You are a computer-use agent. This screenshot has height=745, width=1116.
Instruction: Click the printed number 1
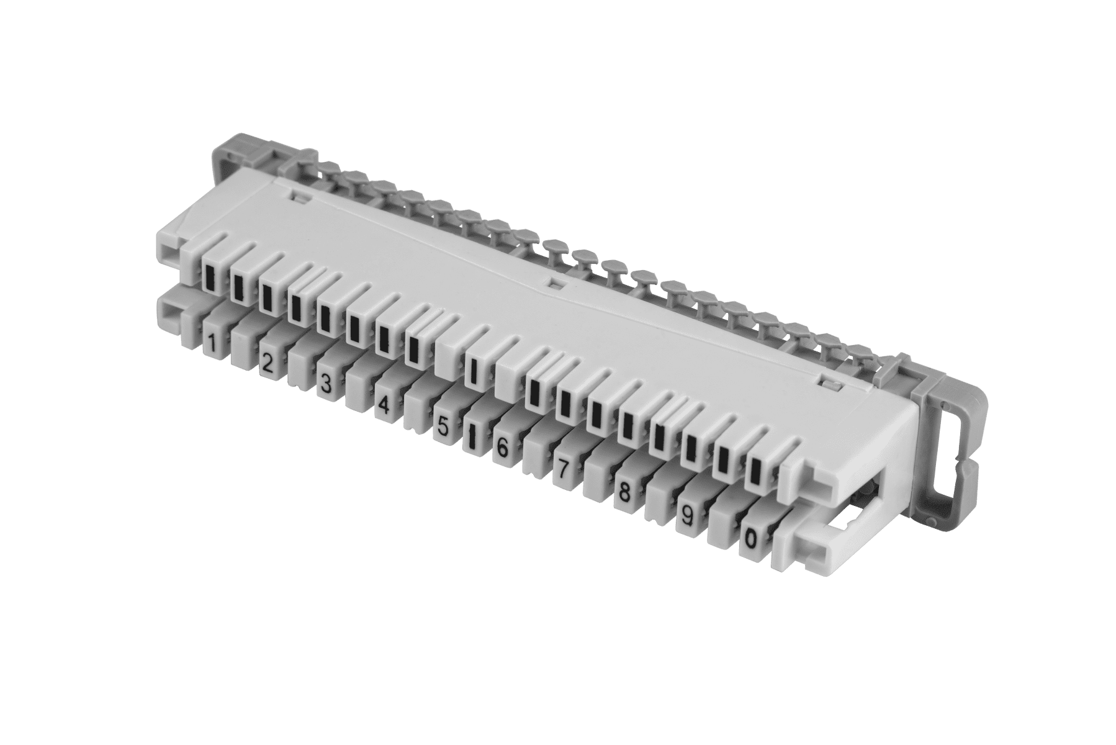(x=212, y=343)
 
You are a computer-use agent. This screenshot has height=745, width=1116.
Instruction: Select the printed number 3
(x=324, y=384)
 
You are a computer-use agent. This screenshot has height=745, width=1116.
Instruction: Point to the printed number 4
(x=384, y=405)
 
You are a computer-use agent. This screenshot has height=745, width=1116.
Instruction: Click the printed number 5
(x=443, y=427)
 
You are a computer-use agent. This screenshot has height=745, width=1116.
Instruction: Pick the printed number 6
(x=502, y=448)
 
